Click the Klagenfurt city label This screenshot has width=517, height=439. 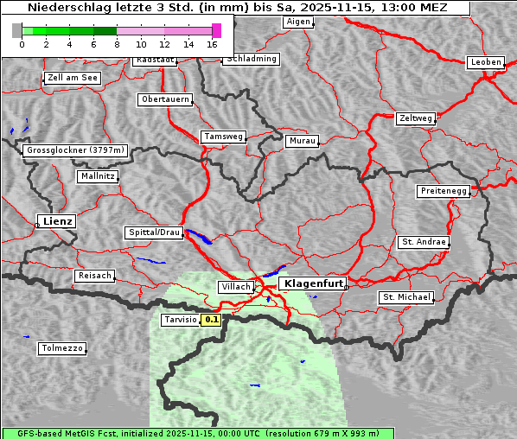point(314,283)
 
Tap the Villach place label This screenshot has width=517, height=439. point(236,286)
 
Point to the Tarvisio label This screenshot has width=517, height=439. point(180,320)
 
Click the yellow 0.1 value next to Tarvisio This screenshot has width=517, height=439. point(212,320)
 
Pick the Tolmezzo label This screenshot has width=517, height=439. point(62,349)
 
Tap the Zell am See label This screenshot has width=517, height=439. point(73,78)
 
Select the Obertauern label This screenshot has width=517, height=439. point(165,99)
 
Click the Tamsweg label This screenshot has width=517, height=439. point(224,137)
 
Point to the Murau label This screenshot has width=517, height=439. point(303,140)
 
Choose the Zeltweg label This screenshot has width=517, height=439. point(415,118)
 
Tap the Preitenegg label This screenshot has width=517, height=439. point(444,191)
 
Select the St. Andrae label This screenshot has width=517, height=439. point(423,242)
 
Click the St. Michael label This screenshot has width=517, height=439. point(406,297)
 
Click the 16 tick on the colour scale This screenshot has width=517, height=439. point(213,44)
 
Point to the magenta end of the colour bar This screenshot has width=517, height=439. point(216,30)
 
